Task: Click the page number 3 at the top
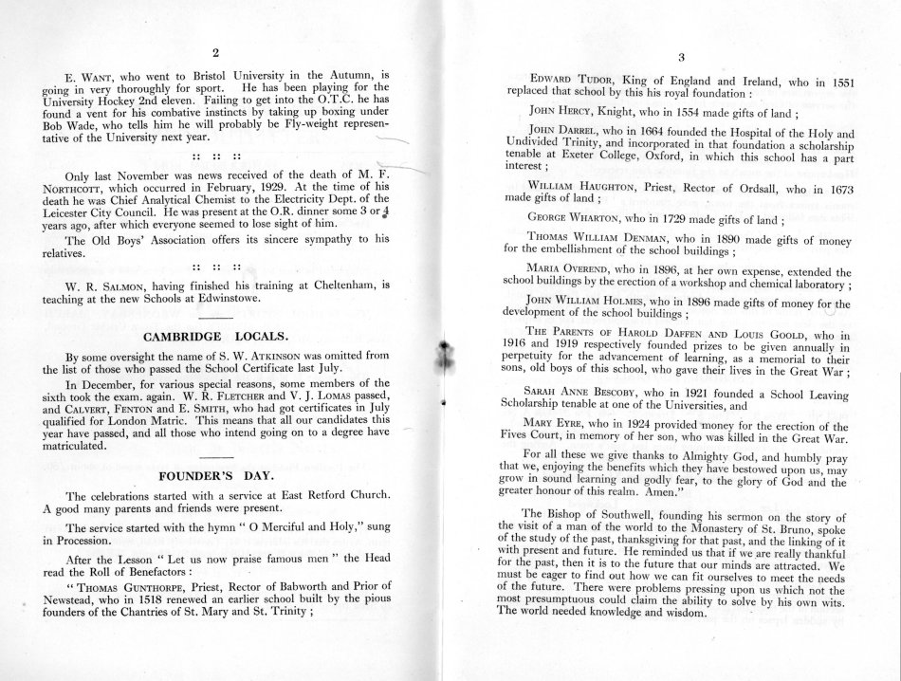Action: click(681, 59)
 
